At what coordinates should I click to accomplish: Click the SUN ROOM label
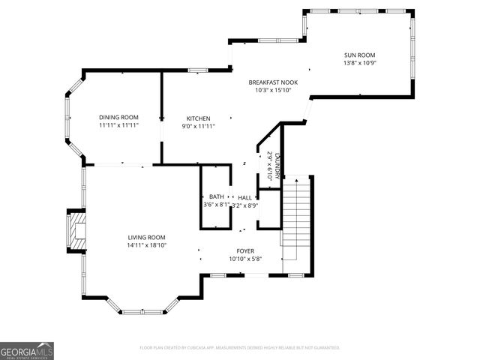coord(359,55)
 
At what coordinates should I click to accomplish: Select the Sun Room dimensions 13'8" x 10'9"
coord(359,64)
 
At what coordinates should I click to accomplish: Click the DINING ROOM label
coord(119,117)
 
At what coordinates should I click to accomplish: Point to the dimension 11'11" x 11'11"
coord(119,125)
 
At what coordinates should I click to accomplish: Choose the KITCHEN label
coord(199,118)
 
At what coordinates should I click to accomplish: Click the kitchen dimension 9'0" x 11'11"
coord(199,126)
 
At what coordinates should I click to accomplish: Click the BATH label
coord(216,196)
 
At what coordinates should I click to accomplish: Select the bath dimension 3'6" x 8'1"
coord(216,205)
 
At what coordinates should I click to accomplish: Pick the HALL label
coord(245,197)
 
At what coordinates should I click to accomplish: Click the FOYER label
coord(245,251)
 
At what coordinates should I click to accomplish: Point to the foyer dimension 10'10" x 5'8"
coord(245,259)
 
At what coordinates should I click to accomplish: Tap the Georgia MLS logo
coord(27,351)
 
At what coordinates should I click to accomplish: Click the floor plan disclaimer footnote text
coord(240,348)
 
